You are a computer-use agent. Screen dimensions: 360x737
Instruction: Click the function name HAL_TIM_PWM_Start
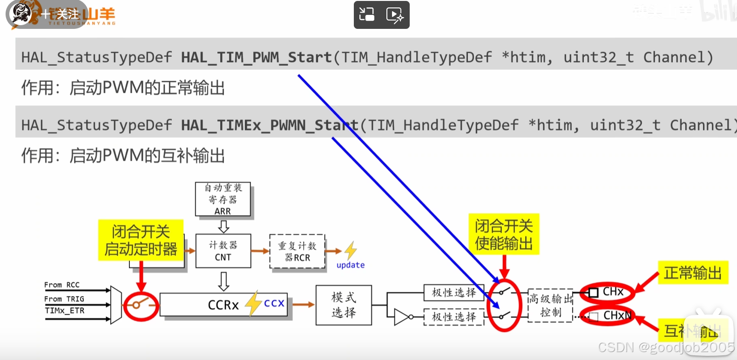coord(256,57)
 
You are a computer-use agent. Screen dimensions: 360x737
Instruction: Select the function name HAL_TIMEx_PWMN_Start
coord(270,125)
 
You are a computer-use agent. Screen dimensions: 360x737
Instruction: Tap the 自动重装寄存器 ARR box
coord(223,199)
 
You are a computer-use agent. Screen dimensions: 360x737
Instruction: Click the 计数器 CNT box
coord(223,251)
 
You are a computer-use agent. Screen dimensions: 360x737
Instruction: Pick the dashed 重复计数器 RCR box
coord(297,251)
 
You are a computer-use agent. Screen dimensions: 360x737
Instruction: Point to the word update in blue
coord(351,265)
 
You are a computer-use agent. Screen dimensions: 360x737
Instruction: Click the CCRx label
coord(223,305)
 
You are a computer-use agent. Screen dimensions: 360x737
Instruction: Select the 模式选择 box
coord(344,305)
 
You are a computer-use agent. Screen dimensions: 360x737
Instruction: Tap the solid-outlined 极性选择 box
coord(454,292)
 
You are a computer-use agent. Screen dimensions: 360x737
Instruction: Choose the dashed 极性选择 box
coord(454,317)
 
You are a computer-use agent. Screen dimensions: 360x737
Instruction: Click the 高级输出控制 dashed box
coord(550,306)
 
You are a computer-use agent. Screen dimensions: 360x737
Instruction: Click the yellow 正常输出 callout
coord(692,272)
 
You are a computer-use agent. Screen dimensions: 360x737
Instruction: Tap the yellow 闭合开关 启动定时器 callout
coord(141,240)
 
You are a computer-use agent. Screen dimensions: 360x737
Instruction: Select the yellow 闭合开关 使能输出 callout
coord(503,234)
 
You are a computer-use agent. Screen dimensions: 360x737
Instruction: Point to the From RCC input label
coord(62,285)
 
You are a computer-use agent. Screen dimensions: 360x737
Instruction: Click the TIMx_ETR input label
coord(65,311)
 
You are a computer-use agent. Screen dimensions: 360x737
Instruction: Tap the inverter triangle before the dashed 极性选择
coord(401,317)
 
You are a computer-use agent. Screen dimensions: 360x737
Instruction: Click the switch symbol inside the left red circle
coord(140,305)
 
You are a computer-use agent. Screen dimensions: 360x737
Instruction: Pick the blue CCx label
coord(274,303)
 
